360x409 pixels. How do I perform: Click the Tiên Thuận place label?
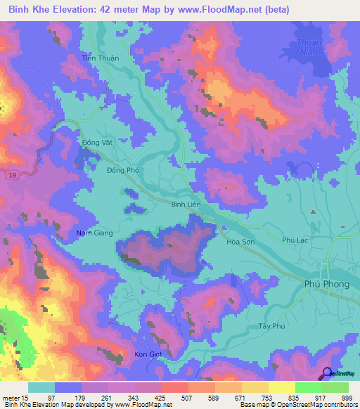click(100, 58)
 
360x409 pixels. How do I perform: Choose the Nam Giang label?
click(94, 233)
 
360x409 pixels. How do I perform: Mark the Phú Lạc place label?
click(297, 240)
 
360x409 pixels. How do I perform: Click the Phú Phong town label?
click(327, 283)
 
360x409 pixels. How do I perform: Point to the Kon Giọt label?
click(148, 354)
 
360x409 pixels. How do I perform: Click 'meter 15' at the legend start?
click(14, 398)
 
